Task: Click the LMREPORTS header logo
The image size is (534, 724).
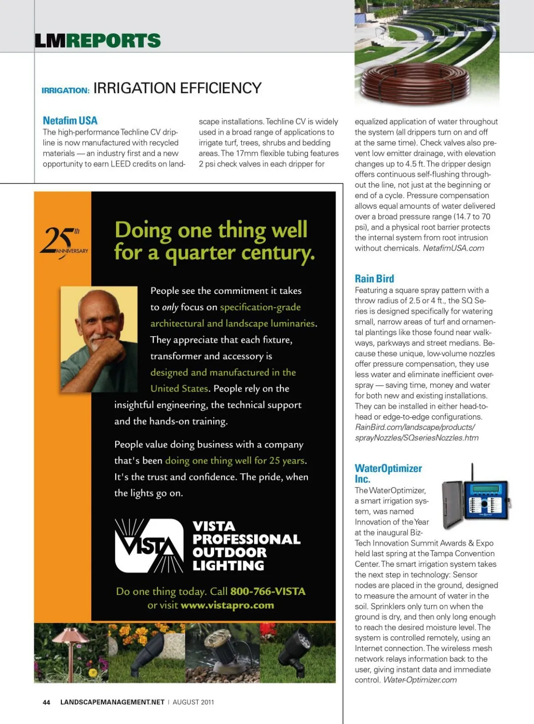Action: pyautogui.click(x=97, y=41)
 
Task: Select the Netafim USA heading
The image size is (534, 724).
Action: pyautogui.click(x=70, y=120)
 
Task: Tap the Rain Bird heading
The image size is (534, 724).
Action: pyautogui.click(x=374, y=279)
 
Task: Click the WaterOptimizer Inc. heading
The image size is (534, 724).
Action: pyautogui.click(x=388, y=473)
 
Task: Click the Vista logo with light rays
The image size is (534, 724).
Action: pyautogui.click(x=149, y=545)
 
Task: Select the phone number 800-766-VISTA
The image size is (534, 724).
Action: pyautogui.click(x=268, y=591)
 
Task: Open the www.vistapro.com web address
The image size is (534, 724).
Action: pyautogui.click(x=227, y=606)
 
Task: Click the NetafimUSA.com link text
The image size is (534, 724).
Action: pyautogui.click(x=453, y=248)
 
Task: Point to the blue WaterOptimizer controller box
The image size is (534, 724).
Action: pyautogui.click(x=485, y=501)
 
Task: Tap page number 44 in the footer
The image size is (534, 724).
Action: pyautogui.click(x=46, y=702)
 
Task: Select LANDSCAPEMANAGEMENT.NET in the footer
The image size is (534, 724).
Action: pyautogui.click(x=112, y=702)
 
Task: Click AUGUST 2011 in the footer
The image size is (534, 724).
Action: pyautogui.click(x=193, y=702)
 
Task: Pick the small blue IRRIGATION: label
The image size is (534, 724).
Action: pyautogui.click(x=65, y=90)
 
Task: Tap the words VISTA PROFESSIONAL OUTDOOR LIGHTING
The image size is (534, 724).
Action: pyautogui.click(x=246, y=545)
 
